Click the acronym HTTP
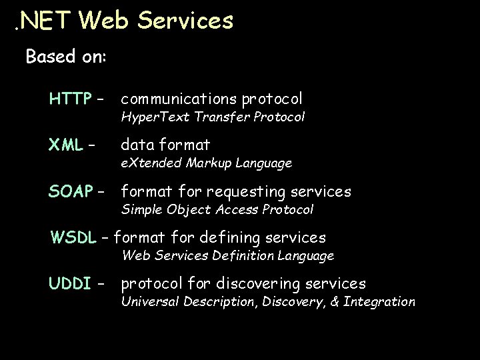click(70, 99)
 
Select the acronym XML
click(65, 145)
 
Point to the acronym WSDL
click(73, 237)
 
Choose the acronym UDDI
click(70, 284)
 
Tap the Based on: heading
click(65, 57)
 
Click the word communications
click(178, 99)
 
